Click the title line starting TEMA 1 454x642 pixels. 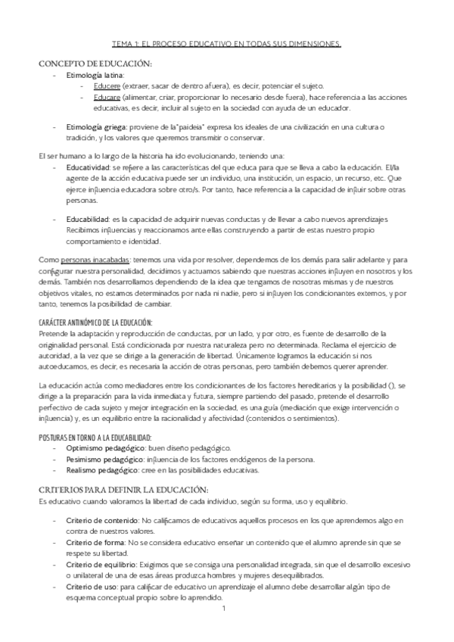pyautogui.click(x=226, y=45)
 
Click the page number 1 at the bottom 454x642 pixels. pyautogui.click(x=225, y=609)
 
